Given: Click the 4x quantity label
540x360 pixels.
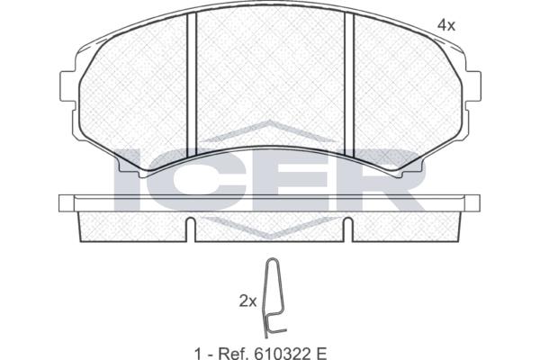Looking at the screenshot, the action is pos(446,25).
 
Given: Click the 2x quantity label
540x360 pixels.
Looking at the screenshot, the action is pos(248,301).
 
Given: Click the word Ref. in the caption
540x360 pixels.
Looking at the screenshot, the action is pos(233,353).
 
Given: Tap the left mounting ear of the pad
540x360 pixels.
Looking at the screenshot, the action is pos(67,86).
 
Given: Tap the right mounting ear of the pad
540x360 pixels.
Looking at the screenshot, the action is pos(472,86).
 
